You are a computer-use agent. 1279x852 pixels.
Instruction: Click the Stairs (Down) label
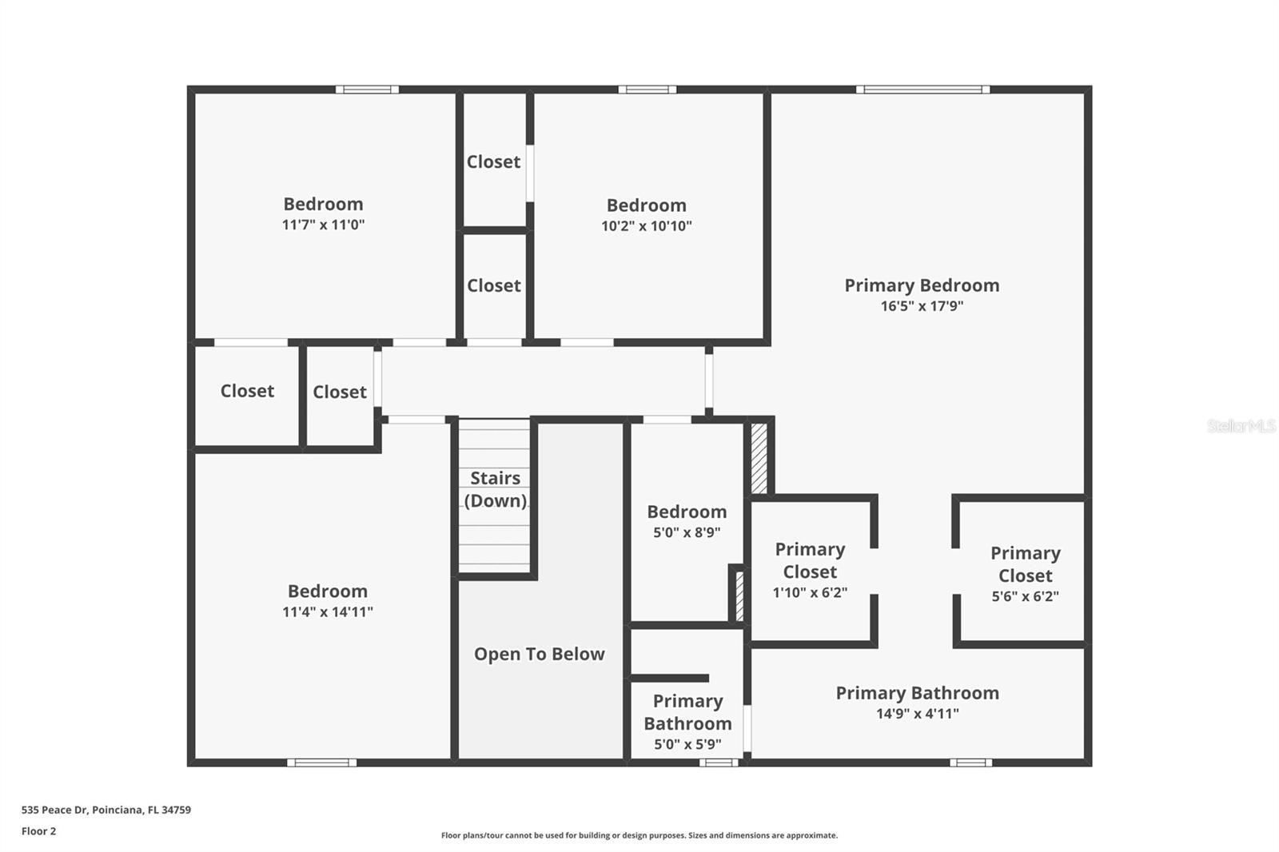coord(495,489)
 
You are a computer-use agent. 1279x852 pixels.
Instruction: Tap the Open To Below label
coord(539,654)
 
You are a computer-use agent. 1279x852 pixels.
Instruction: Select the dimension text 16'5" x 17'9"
coord(922,306)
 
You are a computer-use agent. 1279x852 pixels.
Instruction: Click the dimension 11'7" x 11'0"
coord(323,225)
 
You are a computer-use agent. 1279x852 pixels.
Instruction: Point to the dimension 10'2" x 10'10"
coord(646,226)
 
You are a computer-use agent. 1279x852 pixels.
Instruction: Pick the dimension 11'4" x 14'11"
coord(328,612)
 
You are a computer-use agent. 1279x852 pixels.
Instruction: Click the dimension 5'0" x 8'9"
coord(687,532)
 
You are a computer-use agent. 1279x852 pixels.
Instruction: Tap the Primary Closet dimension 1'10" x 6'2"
coord(810,593)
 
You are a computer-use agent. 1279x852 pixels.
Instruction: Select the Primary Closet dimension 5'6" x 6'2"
coord(1025,596)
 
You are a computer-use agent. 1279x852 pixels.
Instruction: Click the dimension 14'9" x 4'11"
coord(917,714)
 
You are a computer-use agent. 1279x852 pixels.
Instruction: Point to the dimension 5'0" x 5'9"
coord(687,745)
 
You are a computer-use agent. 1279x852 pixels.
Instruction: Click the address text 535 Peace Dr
coord(106,810)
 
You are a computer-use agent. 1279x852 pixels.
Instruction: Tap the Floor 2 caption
coord(38,831)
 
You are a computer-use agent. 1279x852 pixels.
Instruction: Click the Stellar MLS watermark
coord(1241,426)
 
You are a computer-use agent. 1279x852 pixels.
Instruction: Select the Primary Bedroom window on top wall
coord(922,90)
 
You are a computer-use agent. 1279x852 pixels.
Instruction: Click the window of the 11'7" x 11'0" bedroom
coord(367,90)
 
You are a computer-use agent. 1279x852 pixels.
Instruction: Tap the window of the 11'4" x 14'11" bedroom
coord(321,762)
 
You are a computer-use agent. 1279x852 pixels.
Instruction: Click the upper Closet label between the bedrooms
coord(493,162)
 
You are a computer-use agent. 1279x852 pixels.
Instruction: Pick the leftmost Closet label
coord(247,391)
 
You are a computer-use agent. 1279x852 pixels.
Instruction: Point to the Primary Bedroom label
coord(922,285)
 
